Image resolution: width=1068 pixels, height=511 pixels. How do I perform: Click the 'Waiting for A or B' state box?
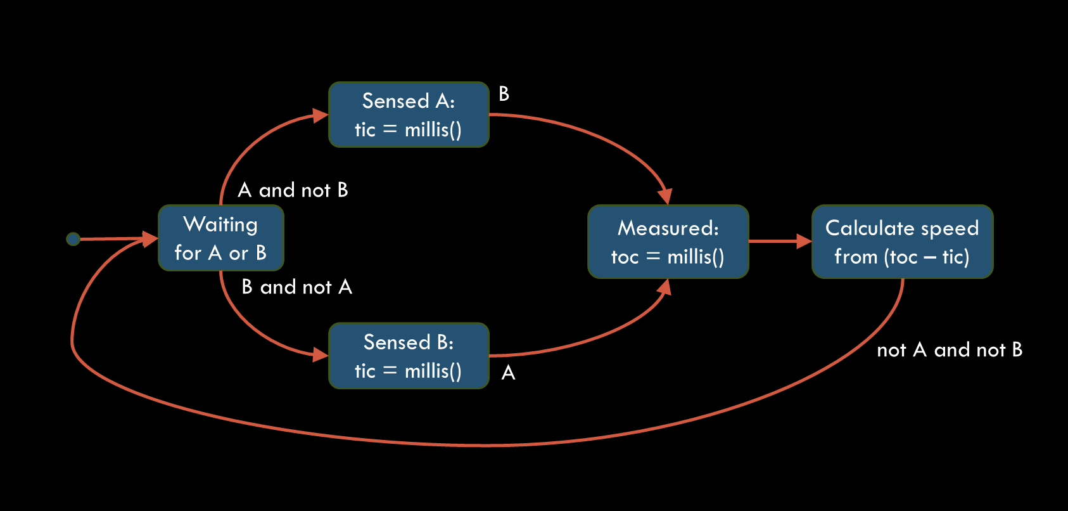(220, 238)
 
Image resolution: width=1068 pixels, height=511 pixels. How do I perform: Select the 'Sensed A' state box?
(409, 115)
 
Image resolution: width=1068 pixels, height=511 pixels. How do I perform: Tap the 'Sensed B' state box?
(409, 356)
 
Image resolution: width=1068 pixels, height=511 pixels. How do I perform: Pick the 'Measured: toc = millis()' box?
(668, 242)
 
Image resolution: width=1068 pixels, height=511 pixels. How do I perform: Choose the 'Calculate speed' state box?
(902, 242)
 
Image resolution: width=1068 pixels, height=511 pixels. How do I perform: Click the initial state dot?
(73, 239)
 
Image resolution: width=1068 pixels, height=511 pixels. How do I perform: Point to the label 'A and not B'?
(293, 190)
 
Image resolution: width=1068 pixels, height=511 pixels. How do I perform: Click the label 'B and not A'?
(296, 287)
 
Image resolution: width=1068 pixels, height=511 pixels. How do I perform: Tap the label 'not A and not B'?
(949, 350)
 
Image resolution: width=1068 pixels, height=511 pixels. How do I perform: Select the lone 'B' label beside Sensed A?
(504, 94)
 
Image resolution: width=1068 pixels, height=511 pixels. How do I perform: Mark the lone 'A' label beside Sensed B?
(508, 373)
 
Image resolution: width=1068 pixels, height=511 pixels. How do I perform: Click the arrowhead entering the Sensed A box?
(321, 115)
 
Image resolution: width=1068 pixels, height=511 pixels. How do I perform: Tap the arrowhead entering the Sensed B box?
(321, 354)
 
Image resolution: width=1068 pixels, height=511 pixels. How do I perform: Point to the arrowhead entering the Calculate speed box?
(804, 242)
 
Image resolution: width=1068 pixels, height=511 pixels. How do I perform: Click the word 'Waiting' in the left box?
(220, 224)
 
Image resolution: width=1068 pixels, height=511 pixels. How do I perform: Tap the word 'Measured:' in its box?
(668, 228)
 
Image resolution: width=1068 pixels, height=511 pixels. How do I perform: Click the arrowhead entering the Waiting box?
(150, 238)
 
